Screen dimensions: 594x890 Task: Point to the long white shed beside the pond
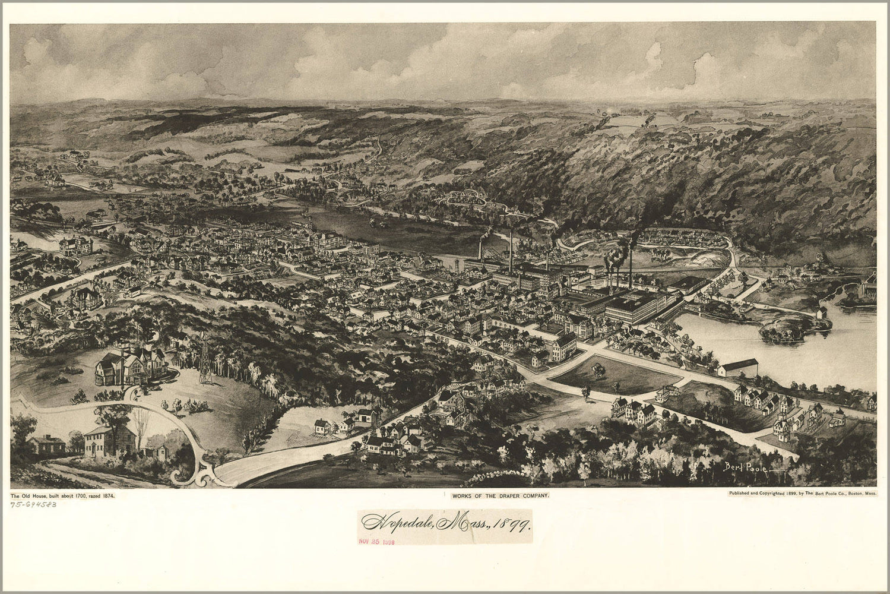tap(737, 366)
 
